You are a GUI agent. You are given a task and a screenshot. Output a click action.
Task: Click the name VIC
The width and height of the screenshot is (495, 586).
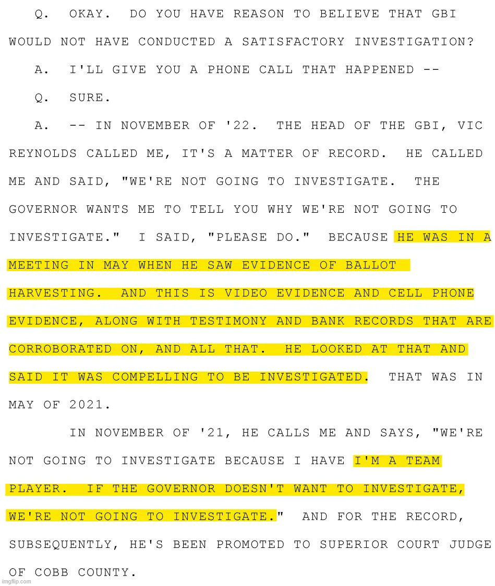470,126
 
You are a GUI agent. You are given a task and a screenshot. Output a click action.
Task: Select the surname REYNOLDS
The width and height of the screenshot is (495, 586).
43,154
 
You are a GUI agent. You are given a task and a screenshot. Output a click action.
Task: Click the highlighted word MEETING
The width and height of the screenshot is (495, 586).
39,265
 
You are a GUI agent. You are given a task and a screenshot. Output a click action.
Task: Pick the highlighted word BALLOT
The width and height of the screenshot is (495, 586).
371,265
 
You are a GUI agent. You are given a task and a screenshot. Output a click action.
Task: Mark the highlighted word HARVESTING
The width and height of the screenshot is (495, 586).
52,293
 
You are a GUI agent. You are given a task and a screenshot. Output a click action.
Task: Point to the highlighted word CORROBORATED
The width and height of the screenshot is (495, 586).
60,349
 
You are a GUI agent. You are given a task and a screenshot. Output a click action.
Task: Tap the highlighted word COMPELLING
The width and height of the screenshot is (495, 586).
155,377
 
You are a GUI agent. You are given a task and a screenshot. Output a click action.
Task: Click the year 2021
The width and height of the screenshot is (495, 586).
86,405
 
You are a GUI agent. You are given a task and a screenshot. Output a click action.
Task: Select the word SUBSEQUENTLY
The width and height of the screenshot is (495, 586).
60,545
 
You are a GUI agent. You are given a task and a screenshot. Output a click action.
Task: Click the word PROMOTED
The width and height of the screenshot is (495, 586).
250,545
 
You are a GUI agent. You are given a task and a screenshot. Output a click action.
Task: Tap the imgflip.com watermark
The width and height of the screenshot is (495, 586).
16,581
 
